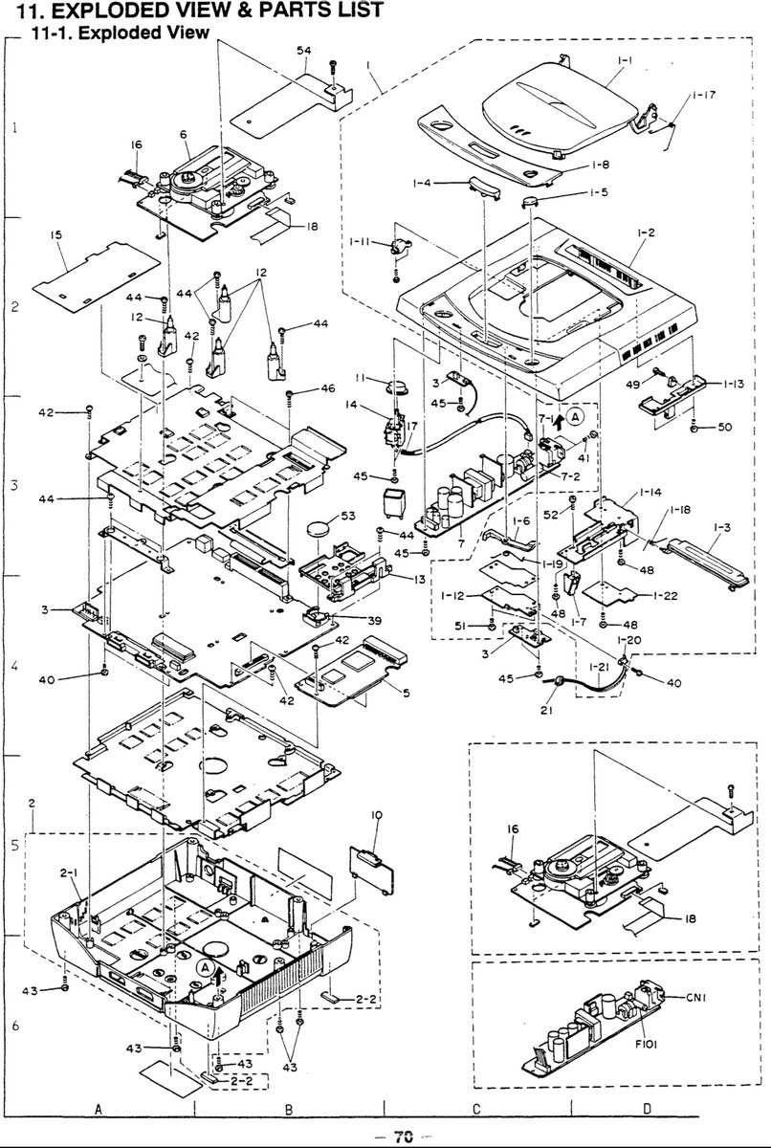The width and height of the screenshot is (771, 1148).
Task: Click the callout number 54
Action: coord(304,50)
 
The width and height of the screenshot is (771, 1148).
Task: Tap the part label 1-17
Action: coord(704,95)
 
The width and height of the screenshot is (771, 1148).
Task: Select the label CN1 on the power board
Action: coord(696,997)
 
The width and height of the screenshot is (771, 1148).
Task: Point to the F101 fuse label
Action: coord(646,1044)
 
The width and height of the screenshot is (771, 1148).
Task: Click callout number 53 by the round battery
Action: coord(348,515)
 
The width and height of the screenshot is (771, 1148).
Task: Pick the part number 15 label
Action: coord(55,234)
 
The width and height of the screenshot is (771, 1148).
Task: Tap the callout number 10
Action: coord(377,815)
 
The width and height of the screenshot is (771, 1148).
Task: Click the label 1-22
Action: coord(666,595)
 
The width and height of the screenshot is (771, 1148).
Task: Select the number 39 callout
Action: coord(375,621)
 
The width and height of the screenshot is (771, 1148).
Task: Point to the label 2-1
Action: coord(69,872)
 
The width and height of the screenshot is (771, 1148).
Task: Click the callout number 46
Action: coord(328,388)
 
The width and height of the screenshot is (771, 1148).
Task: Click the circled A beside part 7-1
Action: coord(576,417)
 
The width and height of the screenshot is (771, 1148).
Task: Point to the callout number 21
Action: coord(546,710)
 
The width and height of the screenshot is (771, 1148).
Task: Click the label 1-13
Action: coord(733,384)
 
